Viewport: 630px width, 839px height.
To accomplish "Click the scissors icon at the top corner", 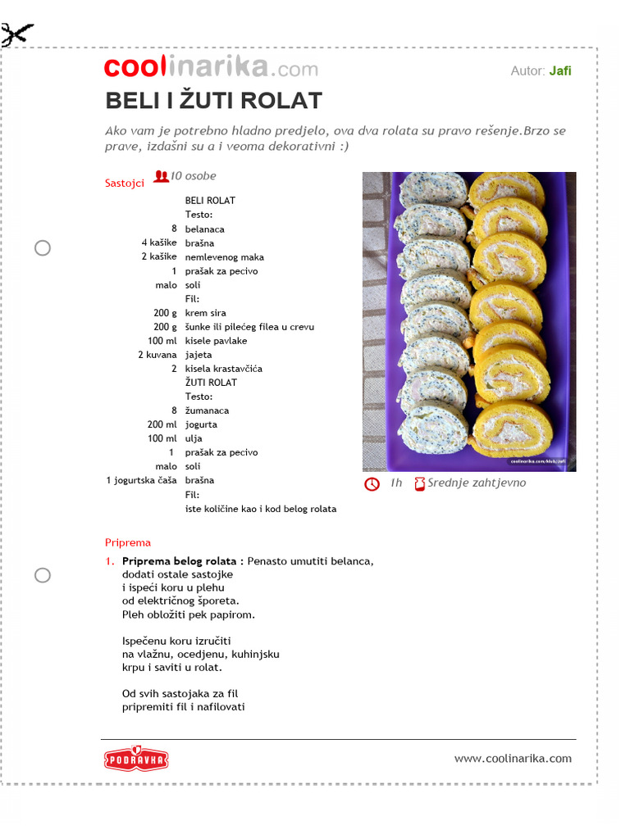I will coord(17,34).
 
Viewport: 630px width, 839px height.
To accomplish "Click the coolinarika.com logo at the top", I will coord(211,69).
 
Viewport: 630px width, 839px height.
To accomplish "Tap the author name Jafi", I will coord(560,70).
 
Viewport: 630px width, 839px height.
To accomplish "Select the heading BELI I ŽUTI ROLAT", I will coord(213,101).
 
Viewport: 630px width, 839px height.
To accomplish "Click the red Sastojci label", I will coord(125,183).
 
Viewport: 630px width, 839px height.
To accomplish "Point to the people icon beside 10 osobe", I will coord(161,175).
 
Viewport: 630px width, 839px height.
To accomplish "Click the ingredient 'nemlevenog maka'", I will coord(225,257).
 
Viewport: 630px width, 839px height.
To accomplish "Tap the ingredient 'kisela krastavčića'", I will coord(223,369).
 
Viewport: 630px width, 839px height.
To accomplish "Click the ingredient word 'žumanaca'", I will coord(207,410).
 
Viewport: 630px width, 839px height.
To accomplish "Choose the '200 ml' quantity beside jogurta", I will coord(162,424).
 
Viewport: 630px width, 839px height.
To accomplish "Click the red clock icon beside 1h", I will coord(372,484).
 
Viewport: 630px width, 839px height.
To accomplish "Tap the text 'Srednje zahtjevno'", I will coord(477,483).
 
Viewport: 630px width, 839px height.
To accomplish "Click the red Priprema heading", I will coord(128,542).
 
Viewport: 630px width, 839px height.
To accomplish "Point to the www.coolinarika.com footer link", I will coord(513,759).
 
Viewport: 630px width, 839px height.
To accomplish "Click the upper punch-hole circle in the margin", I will coord(43,248).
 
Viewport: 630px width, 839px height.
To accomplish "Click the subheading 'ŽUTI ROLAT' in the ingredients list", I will coord(211,383).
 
